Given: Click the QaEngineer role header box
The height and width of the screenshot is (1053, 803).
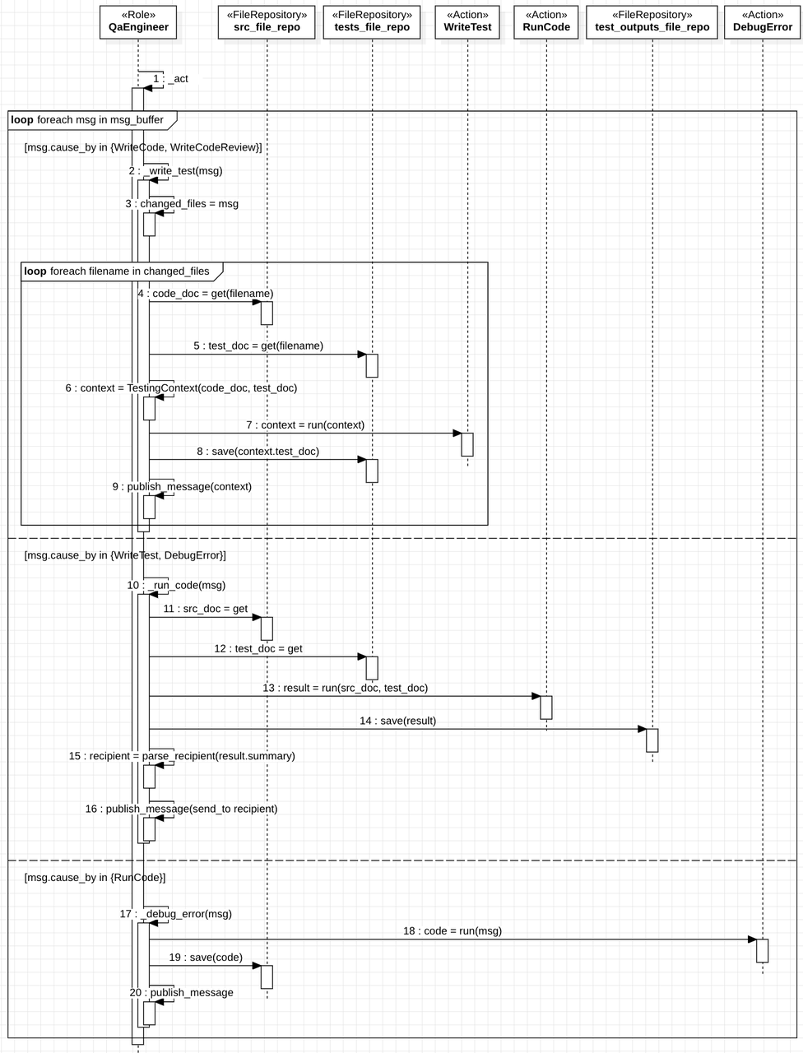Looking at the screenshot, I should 138,21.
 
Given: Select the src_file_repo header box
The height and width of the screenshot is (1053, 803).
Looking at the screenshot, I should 267,21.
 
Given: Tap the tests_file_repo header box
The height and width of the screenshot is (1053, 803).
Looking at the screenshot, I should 372,21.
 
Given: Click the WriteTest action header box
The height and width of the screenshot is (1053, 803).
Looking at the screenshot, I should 467,21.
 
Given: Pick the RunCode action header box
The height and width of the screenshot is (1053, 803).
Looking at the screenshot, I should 546,21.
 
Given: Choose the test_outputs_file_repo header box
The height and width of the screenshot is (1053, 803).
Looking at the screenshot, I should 652,21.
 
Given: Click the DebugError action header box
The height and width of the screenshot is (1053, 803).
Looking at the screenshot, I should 762,21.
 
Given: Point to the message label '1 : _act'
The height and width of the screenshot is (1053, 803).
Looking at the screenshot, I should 170,79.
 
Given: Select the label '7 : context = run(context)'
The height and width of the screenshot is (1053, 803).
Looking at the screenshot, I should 304,425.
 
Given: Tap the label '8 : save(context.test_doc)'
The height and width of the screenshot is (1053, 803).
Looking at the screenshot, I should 258,452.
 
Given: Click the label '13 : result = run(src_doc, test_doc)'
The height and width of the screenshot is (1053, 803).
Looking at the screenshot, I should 345,688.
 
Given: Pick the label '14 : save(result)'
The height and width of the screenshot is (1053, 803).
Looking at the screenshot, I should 397,721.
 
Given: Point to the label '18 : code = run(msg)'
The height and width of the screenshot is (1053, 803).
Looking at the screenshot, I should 452,931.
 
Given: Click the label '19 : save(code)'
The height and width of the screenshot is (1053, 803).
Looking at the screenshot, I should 206,958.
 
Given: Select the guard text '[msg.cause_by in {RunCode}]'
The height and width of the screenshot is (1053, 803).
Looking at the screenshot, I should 95,878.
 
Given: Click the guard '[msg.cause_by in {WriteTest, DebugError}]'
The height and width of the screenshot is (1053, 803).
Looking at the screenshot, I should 125,555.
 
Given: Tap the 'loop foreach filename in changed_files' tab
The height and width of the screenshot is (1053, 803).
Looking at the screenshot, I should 117,271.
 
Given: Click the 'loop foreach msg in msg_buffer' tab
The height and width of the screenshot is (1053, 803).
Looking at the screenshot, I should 87,120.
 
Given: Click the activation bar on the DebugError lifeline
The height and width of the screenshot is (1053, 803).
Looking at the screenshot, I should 762,951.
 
